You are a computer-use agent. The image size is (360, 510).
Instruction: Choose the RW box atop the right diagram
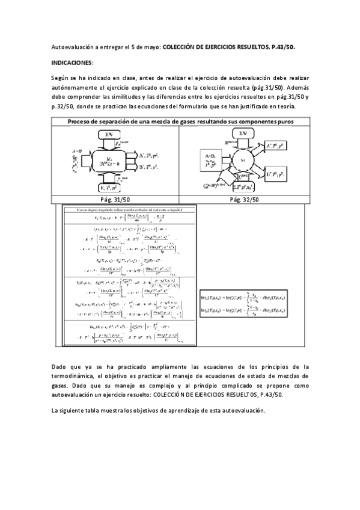(x=243, y=132)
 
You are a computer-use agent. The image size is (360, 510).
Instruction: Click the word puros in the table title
(x=299, y=122)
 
